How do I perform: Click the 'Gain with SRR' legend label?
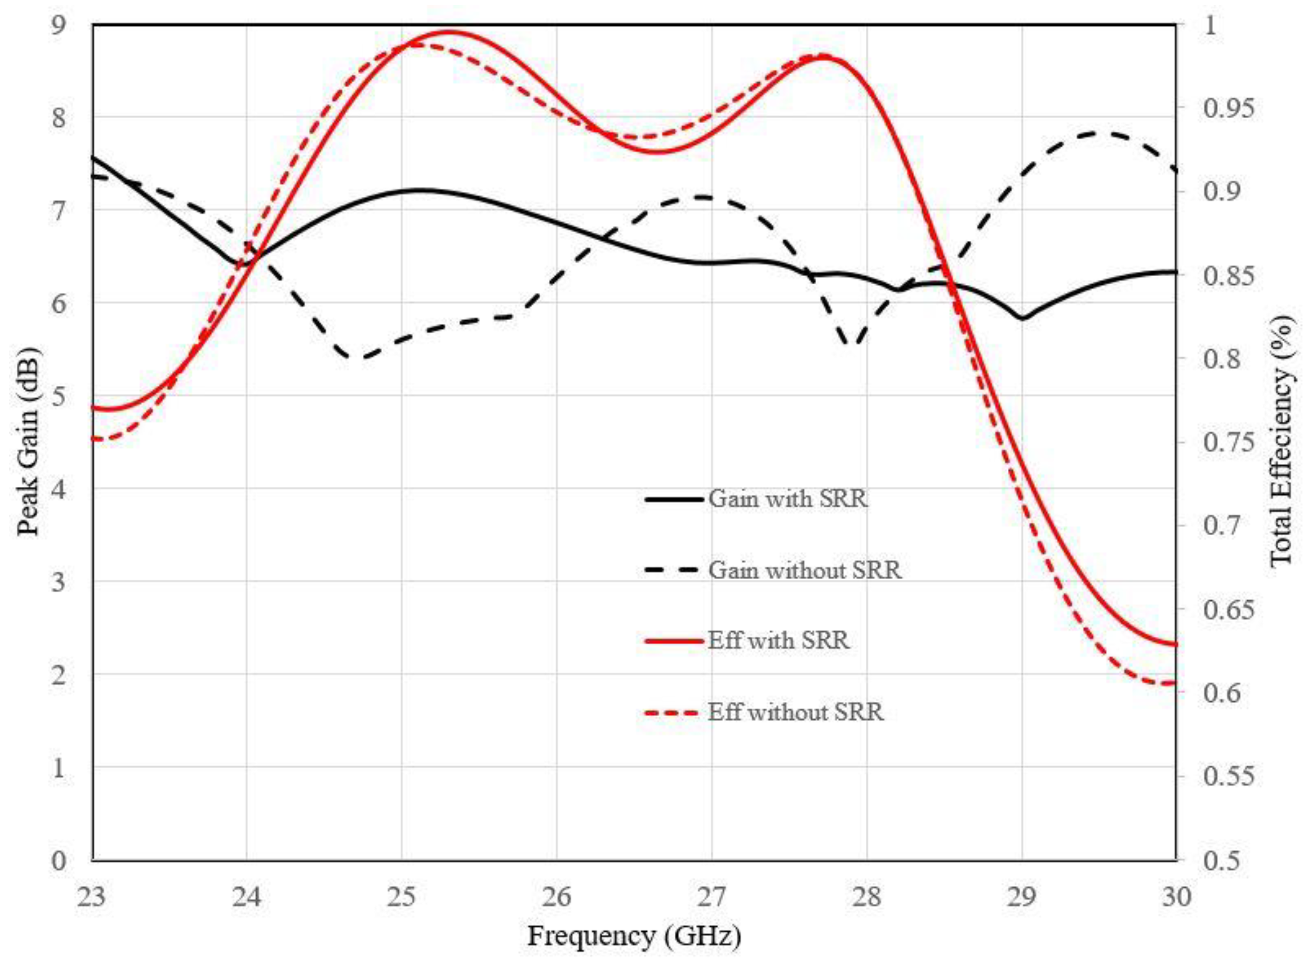(788, 499)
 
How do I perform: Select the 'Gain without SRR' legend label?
(805, 570)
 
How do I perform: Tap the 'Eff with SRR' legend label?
(778, 641)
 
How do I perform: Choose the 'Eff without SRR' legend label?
(795, 712)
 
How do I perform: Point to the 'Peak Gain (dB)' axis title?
(28, 442)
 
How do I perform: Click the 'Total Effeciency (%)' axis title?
(1282, 442)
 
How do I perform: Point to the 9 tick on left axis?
(59, 25)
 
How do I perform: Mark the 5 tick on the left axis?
(59, 396)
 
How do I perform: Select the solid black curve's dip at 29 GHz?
(1022, 319)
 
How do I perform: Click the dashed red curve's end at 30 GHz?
(1174, 682)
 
